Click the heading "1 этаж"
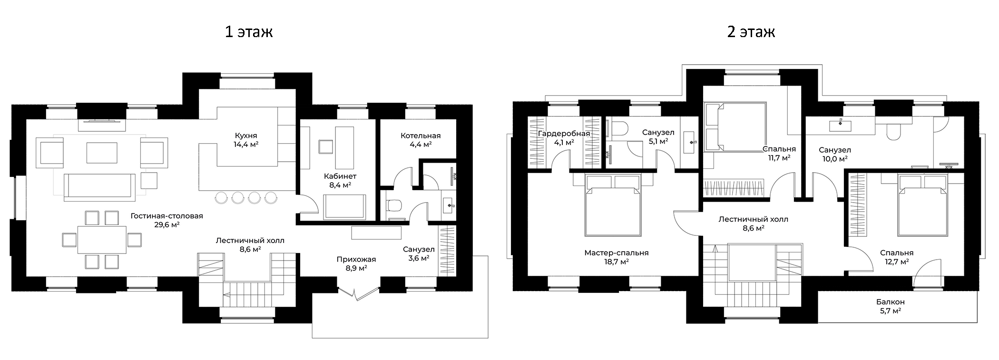tap(249, 32)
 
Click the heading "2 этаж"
tap(751, 32)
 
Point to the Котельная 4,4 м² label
tap(421, 140)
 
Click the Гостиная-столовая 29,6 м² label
tap(167, 220)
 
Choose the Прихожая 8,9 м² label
tap(356, 263)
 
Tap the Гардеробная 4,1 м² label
tap(564, 137)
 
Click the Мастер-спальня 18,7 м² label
tap(617, 257)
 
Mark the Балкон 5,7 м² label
tap(891, 306)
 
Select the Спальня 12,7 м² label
tap(897, 257)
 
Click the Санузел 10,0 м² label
tap(835, 154)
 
